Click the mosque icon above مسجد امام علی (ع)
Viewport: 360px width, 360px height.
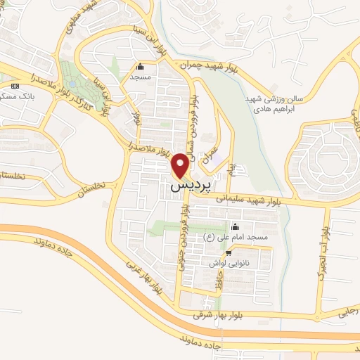pyautogui.click(x=235, y=227)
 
